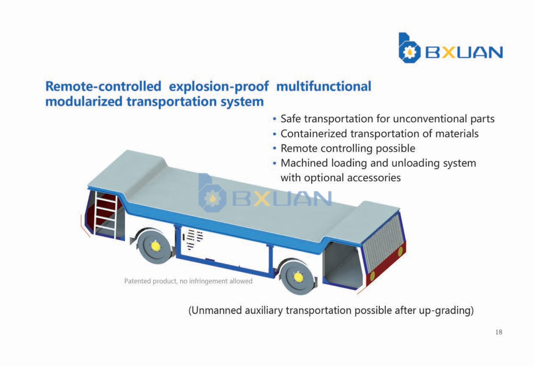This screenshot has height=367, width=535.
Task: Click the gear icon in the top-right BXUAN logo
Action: [x=410, y=52]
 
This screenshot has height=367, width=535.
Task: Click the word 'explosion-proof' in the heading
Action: [x=219, y=87]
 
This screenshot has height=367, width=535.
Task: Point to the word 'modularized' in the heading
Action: [x=84, y=101]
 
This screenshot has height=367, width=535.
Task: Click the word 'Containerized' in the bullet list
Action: [x=314, y=134]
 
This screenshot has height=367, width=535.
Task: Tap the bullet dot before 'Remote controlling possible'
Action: [x=275, y=149]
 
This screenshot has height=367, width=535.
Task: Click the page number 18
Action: [x=499, y=332]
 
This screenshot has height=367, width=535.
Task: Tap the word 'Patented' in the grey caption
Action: [x=137, y=281]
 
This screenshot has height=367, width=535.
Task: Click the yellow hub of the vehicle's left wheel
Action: [x=155, y=246]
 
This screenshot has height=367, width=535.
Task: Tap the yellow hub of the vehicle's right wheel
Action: [x=298, y=277]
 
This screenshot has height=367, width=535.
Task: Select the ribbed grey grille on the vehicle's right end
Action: [x=383, y=241]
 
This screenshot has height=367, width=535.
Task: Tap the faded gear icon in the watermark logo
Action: [x=212, y=198]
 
